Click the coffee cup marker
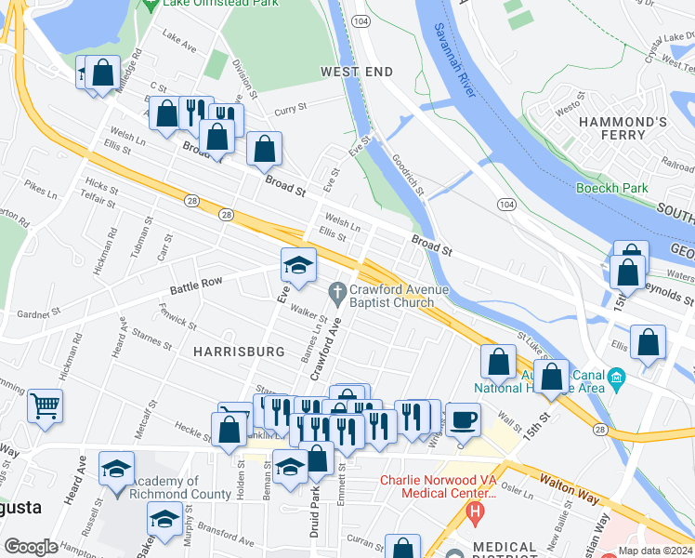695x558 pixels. click(x=464, y=418)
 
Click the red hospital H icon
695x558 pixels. click(x=477, y=511)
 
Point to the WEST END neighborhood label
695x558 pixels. click(x=357, y=72)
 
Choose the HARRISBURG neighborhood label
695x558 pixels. click(x=239, y=352)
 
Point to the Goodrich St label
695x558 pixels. click(x=407, y=176)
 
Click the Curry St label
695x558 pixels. click(x=290, y=109)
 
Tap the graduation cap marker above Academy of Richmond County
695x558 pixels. click(x=116, y=468)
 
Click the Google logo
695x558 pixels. click(x=31, y=547)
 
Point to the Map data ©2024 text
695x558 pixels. click(x=655, y=551)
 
